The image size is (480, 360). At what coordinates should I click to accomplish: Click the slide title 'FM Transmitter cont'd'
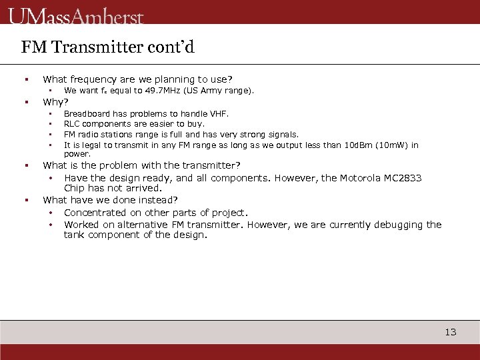click(107, 47)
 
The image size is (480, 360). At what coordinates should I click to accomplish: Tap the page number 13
click(451, 332)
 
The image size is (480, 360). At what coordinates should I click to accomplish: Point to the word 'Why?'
click(55, 102)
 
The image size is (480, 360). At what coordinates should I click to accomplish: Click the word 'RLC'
click(72, 124)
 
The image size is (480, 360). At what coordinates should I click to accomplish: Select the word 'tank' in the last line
click(75, 235)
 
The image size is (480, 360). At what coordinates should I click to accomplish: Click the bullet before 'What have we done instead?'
click(25, 200)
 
